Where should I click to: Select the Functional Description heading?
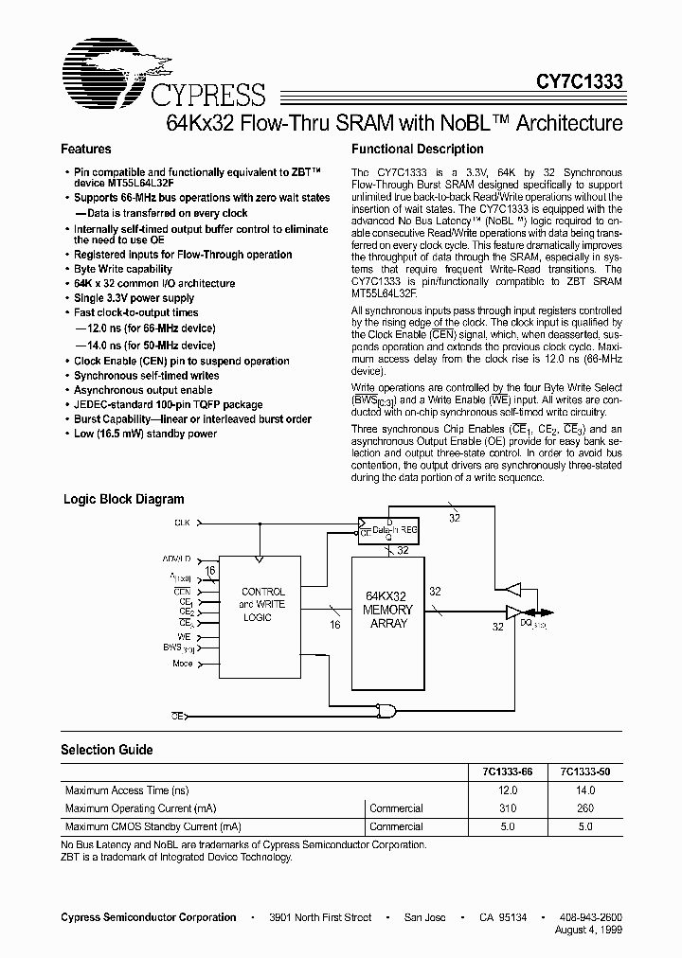[417, 150]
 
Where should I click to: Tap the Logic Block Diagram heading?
[123, 500]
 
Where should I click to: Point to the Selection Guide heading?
[106, 750]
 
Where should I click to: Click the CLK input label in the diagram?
[181, 523]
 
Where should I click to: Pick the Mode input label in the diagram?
[182, 664]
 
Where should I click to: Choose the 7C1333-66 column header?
[507, 772]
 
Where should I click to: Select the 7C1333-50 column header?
[584, 772]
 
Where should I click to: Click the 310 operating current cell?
[508, 808]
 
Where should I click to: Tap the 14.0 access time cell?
[584, 790]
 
